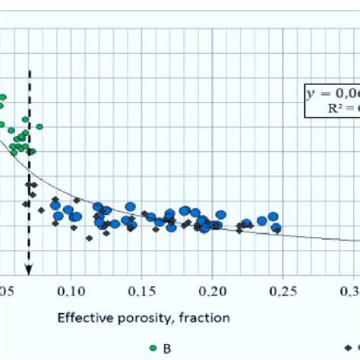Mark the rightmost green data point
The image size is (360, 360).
click(x=39, y=127)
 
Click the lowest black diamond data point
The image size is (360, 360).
click(x=90, y=238)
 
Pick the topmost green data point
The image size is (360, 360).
click(x=2, y=97)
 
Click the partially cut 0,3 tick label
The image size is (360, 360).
click(x=351, y=290)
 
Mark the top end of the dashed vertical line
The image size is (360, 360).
click(x=29, y=71)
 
